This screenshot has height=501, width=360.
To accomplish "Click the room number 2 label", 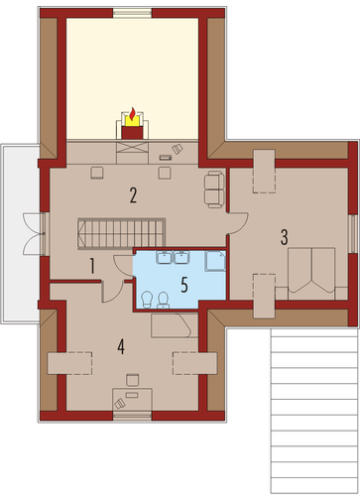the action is [133, 195].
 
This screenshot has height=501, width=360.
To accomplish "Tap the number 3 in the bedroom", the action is [284, 237].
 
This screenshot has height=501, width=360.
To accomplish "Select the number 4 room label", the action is [121, 347].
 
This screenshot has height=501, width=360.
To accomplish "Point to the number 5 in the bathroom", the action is [184, 285].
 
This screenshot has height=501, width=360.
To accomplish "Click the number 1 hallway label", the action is [92, 266].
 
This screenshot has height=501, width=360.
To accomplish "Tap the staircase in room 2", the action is [121, 233].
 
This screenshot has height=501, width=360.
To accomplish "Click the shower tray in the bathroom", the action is [215, 261].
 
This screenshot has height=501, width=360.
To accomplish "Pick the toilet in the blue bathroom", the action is [163, 301].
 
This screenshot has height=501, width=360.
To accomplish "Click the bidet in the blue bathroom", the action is [147, 300].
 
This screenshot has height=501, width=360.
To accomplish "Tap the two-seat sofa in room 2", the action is [214, 189].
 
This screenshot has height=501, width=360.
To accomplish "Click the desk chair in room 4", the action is [133, 380].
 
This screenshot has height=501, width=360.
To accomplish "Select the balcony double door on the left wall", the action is [35, 234].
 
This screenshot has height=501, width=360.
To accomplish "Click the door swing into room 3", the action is [238, 223].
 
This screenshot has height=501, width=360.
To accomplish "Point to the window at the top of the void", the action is [133, 13].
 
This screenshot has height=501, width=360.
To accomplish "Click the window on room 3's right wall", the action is [352, 234].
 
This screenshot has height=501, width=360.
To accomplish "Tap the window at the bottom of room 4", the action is [133, 416].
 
